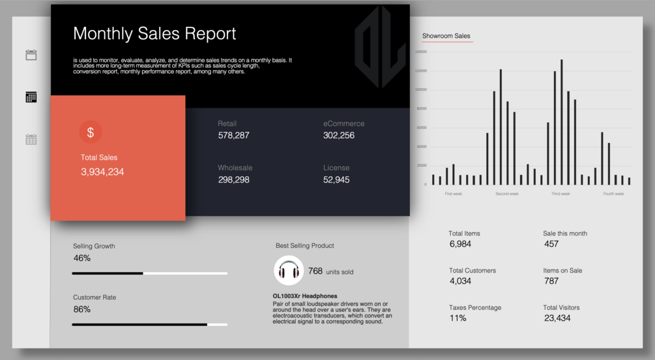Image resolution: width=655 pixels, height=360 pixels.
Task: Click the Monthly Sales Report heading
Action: point(154,34)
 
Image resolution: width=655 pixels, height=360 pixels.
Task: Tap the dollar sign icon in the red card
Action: point(91,132)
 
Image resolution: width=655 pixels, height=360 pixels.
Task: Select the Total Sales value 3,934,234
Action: point(102,172)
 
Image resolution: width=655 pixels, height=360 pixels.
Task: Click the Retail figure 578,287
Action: point(233,136)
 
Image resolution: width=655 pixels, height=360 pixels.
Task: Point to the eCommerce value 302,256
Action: point(339,136)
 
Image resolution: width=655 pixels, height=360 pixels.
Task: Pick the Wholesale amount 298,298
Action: point(233,180)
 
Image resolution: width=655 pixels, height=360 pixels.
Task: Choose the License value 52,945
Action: point(336,180)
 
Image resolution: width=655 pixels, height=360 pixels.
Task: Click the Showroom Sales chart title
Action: point(446,36)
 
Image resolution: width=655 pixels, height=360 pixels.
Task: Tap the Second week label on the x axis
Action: point(507,194)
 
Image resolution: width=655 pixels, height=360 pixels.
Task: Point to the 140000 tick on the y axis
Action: point(420,52)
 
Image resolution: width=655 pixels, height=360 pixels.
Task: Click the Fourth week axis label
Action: point(613,194)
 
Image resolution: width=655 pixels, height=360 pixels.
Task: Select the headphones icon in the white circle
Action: point(289,271)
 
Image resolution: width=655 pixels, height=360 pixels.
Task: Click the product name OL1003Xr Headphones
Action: point(305,296)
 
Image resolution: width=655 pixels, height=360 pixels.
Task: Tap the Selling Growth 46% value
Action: point(82,258)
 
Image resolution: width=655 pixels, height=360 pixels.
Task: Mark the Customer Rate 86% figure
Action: point(82,309)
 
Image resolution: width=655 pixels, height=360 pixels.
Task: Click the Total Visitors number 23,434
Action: point(557,318)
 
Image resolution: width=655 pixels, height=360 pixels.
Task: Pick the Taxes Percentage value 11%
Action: point(458,318)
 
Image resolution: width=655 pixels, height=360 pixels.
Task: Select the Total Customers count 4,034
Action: point(460,281)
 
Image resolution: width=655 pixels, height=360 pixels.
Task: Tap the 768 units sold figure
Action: point(315,271)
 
